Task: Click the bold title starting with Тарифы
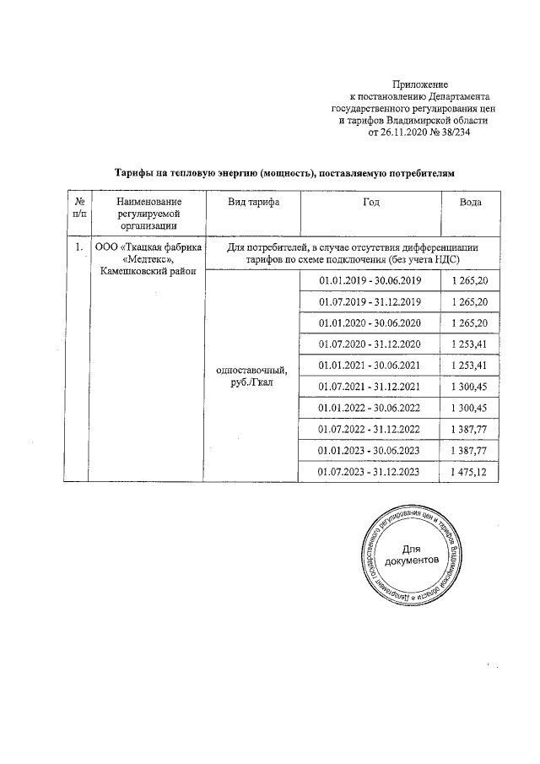pos(284,172)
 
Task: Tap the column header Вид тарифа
pos(252,203)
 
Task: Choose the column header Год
pos(370,203)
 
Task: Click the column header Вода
pos(470,203)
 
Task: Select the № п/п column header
pos(78,209)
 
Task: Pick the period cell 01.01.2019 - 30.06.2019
pos(370,281)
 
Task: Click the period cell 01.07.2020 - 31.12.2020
pos(370,344)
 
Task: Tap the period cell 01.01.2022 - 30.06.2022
pos(370,409)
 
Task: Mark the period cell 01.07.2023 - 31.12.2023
pos(370,472)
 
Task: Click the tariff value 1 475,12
pos(470,472)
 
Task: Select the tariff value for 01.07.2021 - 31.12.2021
pos(470,387)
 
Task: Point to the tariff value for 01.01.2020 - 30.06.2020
pos(470,323)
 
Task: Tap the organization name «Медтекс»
pos(148,259)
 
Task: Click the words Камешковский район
pos(148,271)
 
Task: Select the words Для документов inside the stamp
pos(411,555)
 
